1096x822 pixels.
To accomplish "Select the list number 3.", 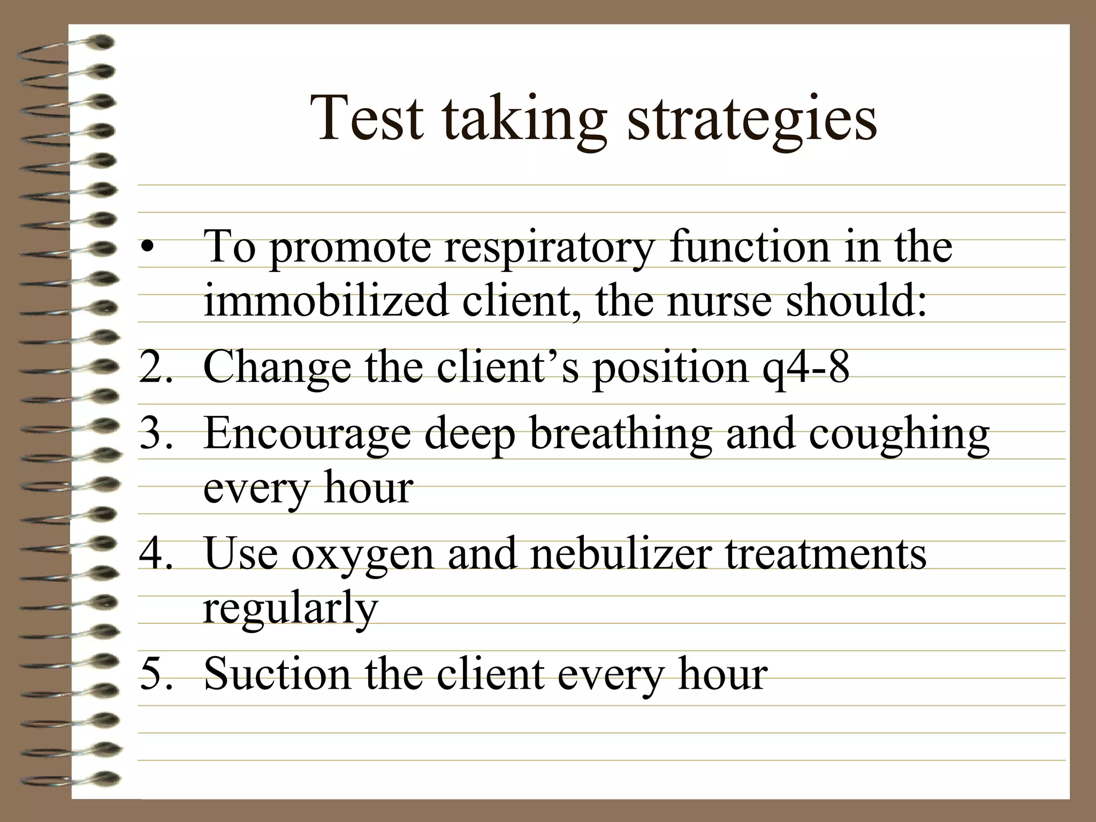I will click(x=155, y=433).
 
